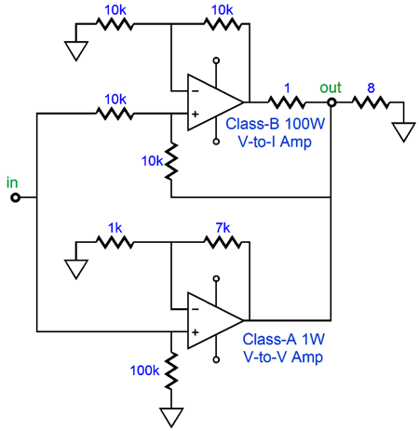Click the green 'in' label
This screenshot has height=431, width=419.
click(12, 182)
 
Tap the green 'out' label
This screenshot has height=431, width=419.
click(331, 88)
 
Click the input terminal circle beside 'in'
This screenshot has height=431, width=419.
click(15, 197)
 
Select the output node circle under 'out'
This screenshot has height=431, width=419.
click(331, 102)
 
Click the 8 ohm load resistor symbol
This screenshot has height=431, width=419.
click(371, 102)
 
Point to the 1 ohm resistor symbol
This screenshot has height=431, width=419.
click(287, 102)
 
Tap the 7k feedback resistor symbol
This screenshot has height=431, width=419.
click(223, 242)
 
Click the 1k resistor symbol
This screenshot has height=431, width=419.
click(115, 242)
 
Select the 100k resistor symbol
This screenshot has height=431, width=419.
click(171, 371)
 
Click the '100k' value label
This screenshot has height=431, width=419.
click(144, 370)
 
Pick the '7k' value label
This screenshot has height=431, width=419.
click(223, 228)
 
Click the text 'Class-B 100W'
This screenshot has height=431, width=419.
click(275, 124)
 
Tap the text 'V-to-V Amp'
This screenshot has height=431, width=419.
click(283, 357)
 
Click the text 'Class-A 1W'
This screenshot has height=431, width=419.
click(283, 339)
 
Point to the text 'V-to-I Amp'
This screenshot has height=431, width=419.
click(275, 141)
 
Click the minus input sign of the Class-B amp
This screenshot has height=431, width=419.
click(196, 91)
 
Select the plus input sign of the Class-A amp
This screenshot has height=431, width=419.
click(196, 332)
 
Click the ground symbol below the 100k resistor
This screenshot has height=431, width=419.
click(171, 417)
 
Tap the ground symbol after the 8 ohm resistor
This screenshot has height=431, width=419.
click(403, 132)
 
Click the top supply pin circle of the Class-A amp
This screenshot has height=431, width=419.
click(216, 278)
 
